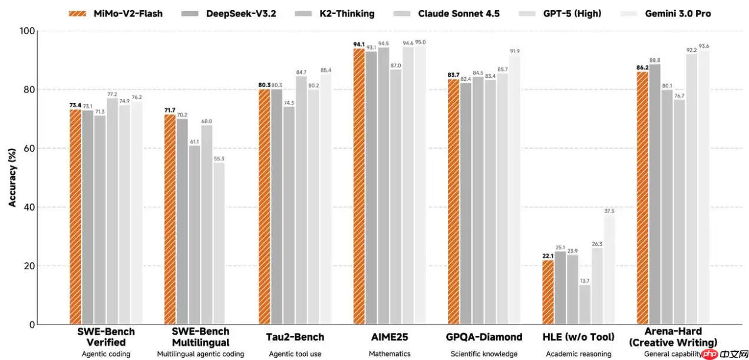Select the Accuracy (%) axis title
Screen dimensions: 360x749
click(x=12, y=177)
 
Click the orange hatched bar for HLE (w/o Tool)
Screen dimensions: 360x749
click(x=548, y=292)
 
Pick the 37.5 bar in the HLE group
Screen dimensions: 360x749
click(x=609, y=269)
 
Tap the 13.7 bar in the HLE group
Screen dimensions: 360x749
click(x=585, y=304)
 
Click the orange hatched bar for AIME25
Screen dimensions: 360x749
click(x=359, y=186)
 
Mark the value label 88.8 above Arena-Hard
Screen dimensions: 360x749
click(x=655, y=60)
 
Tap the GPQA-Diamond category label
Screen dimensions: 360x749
click(x=484, y=337)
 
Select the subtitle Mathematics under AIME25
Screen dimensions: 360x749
click(x=390, y=354)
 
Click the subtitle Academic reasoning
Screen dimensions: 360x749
click(x=578, y=354)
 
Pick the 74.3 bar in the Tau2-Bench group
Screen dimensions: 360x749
click(x=289, y=215)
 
